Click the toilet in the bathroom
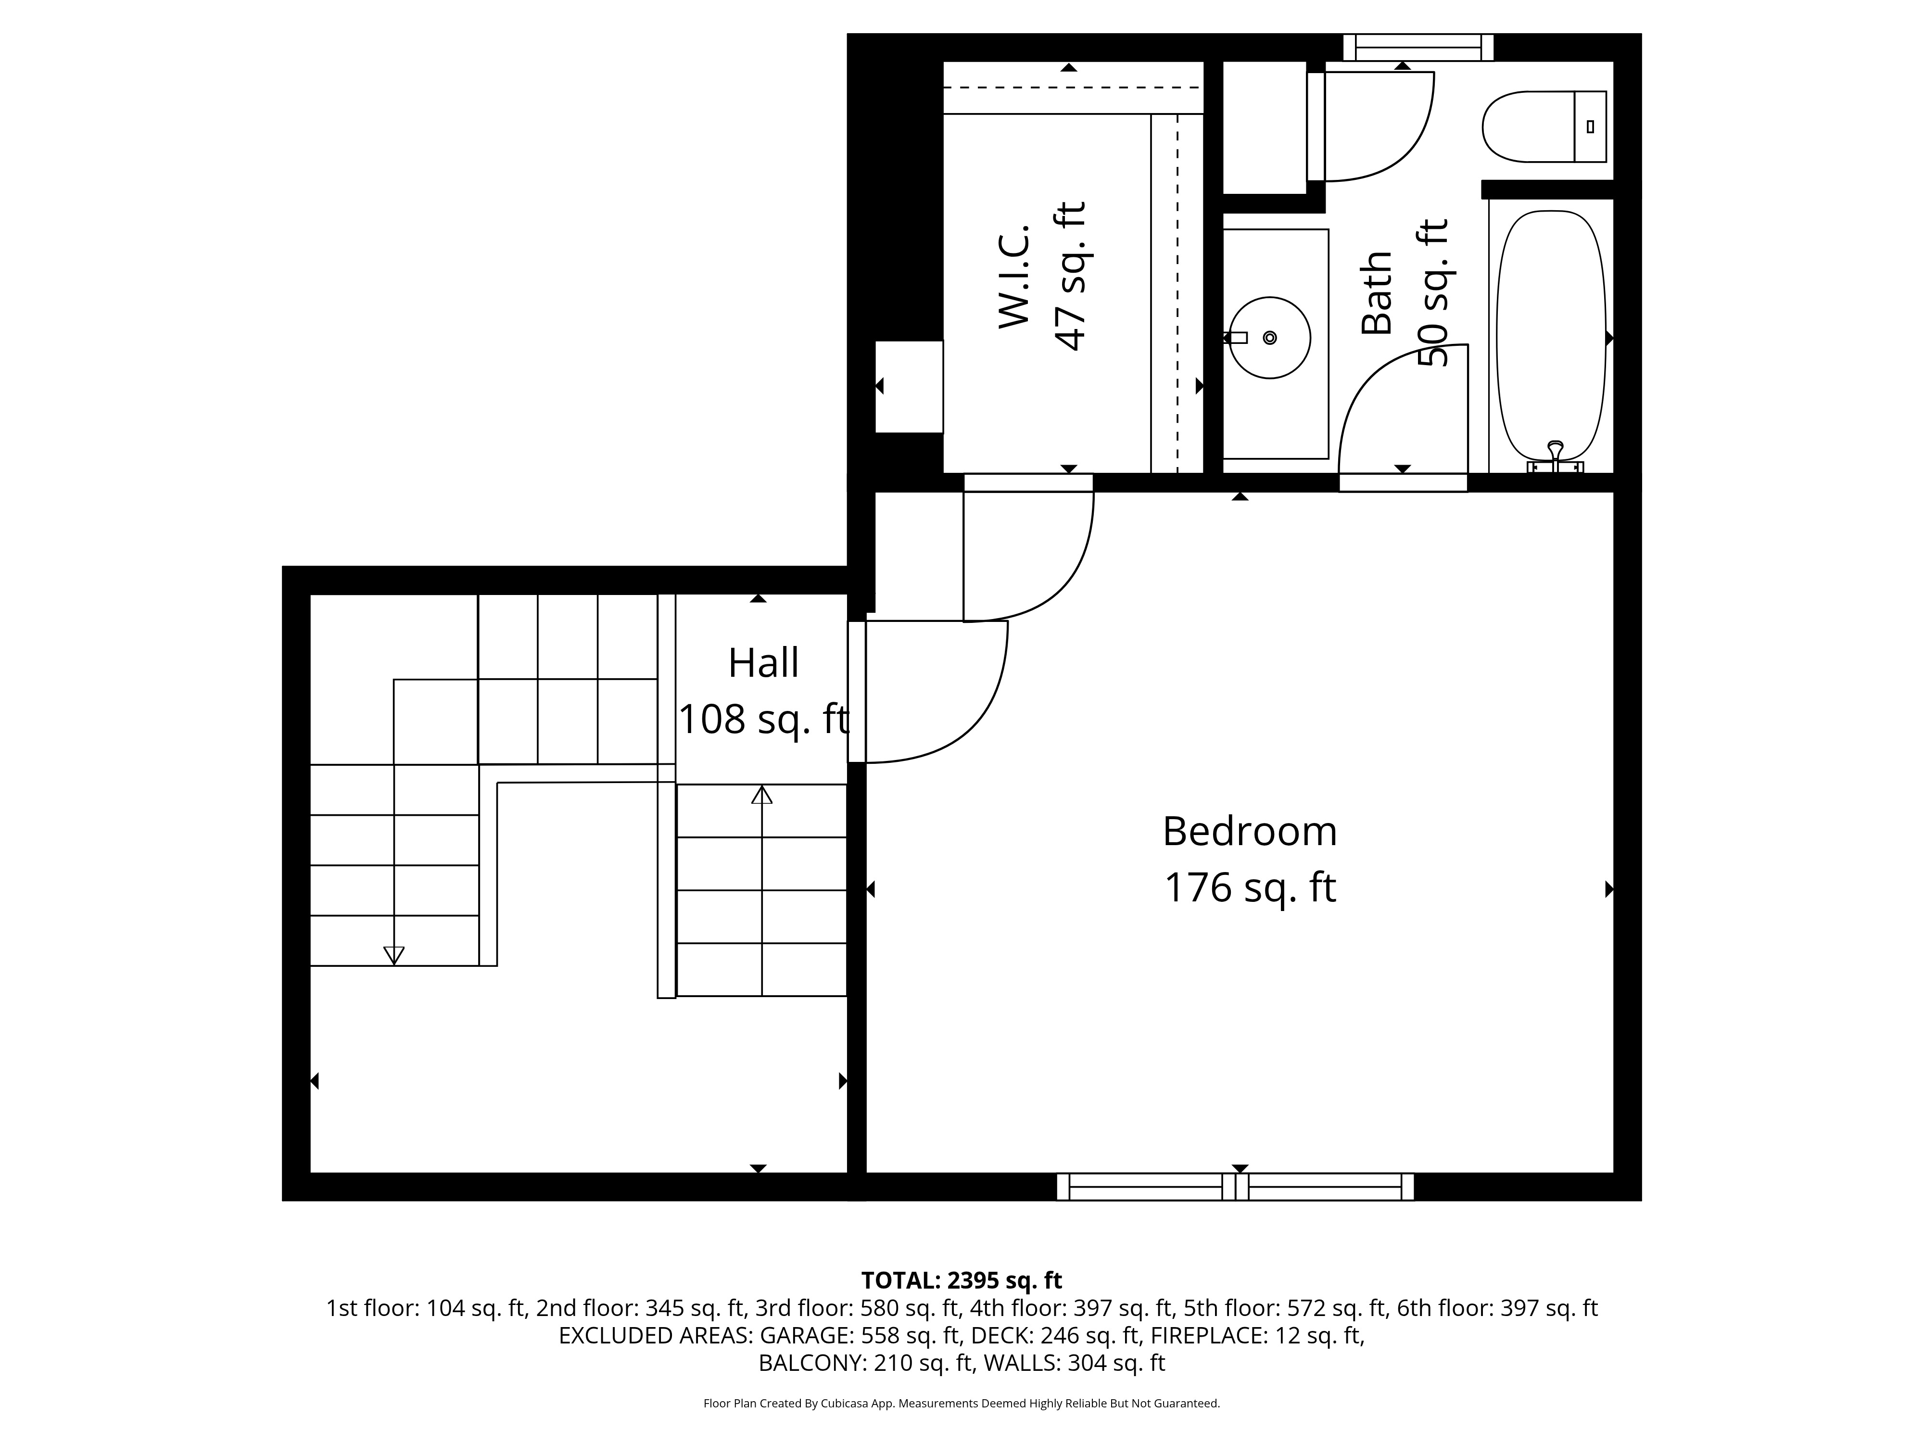1544,127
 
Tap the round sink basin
1270,338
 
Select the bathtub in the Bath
1551,337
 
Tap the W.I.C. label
1014,277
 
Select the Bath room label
1377,292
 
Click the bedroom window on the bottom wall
1235,1187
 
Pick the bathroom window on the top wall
1418,47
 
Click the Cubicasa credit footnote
961,1403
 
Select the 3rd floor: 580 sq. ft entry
858,1308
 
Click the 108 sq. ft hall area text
763,719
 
